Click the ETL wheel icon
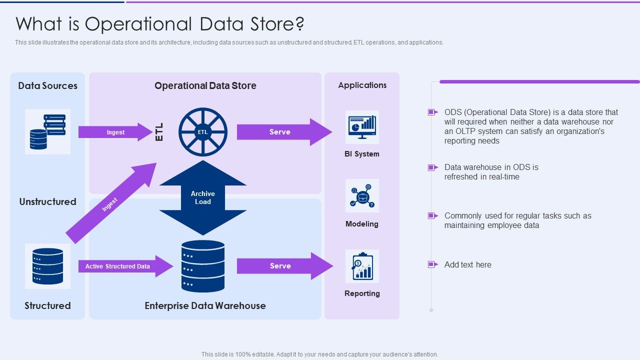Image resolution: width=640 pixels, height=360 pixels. (202, 132)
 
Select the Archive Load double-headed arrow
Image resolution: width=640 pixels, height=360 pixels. (203, 197)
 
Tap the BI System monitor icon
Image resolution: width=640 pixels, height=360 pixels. (362, 127)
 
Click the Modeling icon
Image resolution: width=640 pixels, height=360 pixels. (362, 195)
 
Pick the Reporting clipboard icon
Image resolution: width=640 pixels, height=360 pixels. (362, 266)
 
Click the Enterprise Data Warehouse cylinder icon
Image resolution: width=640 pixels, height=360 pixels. (203, 266)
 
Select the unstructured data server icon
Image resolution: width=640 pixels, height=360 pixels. (47, 131)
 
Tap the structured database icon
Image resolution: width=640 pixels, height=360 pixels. (47, 266)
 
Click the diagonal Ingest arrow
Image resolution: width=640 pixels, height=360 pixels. (111, 203)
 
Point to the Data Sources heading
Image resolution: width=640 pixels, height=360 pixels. (47, 85)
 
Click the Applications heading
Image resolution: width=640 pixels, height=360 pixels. (362, 85)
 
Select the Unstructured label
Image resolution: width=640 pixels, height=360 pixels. (47, 201)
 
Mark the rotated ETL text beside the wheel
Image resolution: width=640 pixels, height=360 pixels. (159, 132)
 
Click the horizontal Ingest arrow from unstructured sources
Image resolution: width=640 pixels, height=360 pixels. (115, 132)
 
